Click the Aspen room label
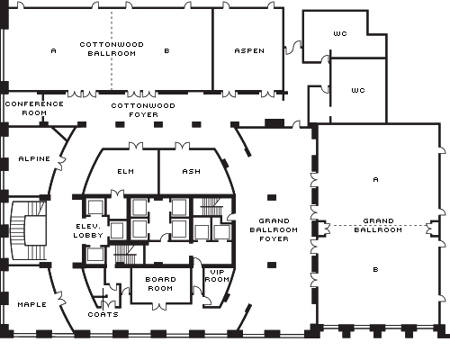click(x=249, y=50)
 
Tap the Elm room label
click(x=126, y=171)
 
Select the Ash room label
click(x=192, y=171)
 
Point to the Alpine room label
click(x=34, y=158)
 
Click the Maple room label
click(x=32, y=304)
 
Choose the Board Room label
click(x=160, y=283)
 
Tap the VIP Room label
click(x=217, y=275)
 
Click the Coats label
click(x=103, y=314)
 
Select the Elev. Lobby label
click(x=88, y=230)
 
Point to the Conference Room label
click(x=34, y=108)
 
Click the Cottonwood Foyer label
click(x=143, y=110)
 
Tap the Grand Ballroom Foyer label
click(x=274, y=229)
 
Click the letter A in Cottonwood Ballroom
click(x=53, y=50)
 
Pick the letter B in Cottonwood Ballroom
click(x=167, y=50)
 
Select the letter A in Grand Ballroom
click(x=375, y=179)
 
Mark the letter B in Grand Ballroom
click(x=375, y=269)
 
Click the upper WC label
click(x=340, y=33)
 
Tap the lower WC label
click(x=358, y=90)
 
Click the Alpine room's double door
click(x=61, y=163)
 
